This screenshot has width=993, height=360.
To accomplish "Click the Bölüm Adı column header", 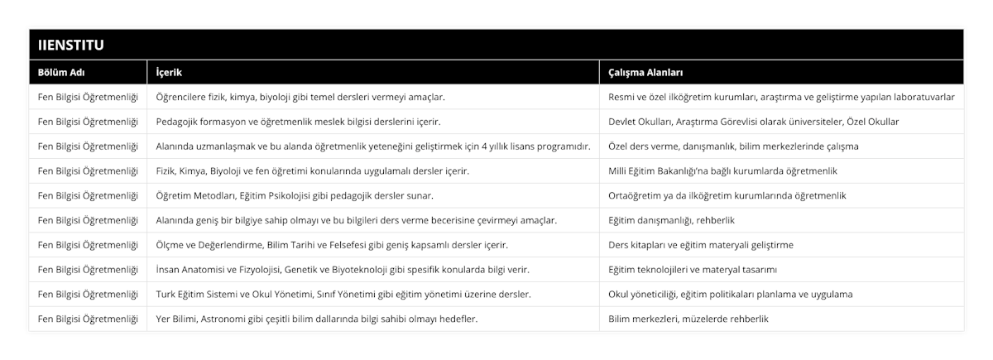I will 61,72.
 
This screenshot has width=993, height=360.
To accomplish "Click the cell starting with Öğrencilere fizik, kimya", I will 300,97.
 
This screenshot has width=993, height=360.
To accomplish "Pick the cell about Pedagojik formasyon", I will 298,122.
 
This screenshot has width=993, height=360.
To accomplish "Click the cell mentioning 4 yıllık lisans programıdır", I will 372,146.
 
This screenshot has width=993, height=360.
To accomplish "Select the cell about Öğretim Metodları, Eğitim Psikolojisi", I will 295,195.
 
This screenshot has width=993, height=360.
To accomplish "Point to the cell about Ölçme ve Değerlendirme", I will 332,245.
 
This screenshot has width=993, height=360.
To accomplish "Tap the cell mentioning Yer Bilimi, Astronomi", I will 316,319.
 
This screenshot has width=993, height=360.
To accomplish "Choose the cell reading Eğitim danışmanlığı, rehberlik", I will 671,220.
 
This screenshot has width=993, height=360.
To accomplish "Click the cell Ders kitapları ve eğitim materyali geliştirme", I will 700,245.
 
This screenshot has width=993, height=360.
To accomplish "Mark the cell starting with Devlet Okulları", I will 753,122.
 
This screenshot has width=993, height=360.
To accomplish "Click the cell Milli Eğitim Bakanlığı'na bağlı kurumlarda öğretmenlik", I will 722,170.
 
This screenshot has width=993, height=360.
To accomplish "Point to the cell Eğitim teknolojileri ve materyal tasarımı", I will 703,270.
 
